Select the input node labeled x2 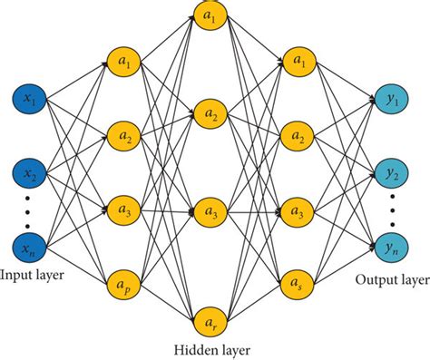coord(28,171)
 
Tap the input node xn coord(28,245)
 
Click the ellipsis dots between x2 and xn coord(28,209)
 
